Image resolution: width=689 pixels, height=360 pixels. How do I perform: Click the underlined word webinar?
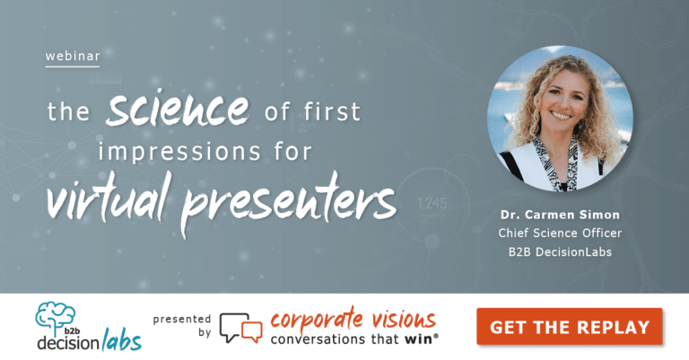[x=72, y=57]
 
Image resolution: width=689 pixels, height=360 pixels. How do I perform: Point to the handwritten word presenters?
[x=296, y=199]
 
